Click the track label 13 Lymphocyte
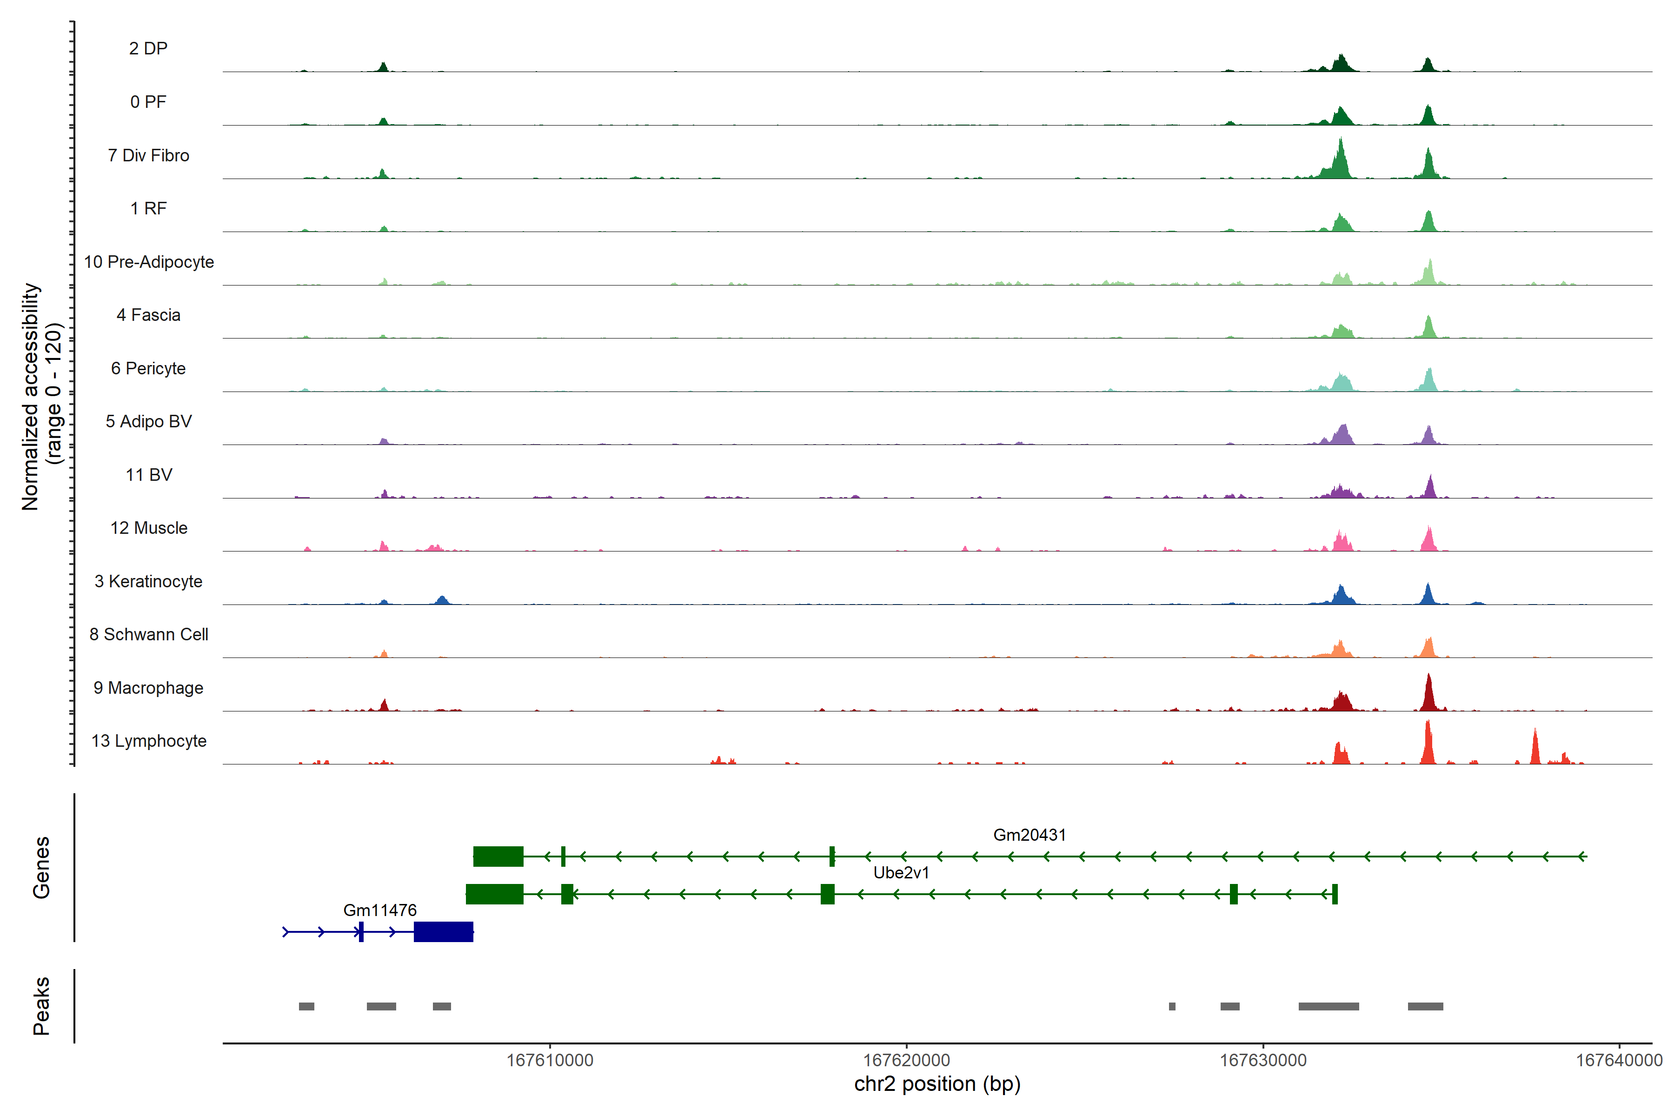149,741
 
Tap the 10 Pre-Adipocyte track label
149,262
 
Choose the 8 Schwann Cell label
149,634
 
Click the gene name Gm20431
1029,835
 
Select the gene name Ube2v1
901,873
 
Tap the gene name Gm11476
379,910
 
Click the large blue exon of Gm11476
444,932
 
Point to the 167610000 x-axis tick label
550,1061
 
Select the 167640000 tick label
1619,1061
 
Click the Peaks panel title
41,1006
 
